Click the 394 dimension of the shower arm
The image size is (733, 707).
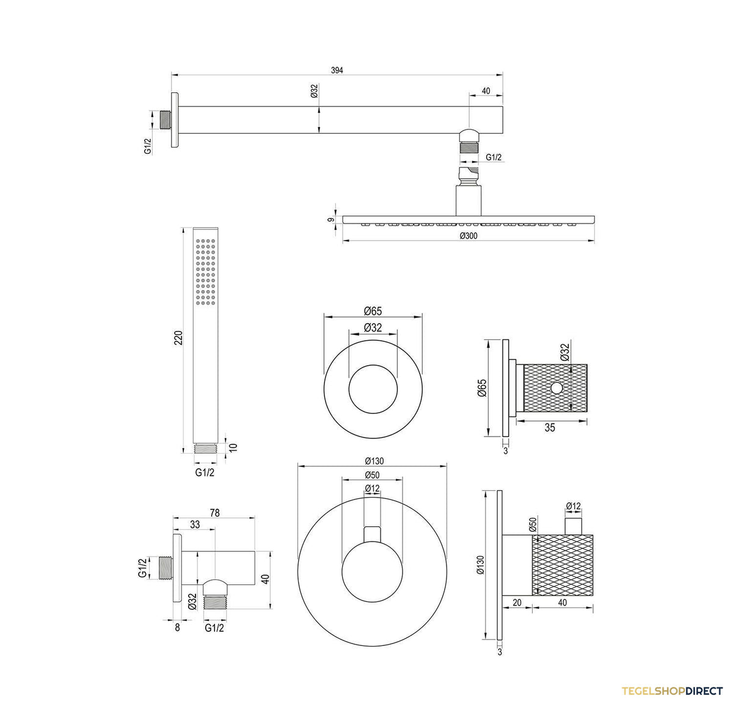(337, 70)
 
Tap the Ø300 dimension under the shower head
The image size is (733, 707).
(468, 236)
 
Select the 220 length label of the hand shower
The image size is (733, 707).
(178, 338)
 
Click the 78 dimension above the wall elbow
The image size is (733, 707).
(214, 513)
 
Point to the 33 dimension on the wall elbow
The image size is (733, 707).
(195, 524)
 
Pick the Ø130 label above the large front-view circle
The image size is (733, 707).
(374, 461)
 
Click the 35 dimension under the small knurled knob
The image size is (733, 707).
(550, 427)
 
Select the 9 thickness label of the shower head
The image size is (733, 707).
(331, 220)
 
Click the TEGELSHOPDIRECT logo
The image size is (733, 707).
(672, 691)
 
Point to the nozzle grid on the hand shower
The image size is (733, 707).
(205, 272)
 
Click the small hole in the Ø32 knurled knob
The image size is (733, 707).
(556, 388)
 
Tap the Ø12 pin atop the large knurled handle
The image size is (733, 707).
(574, 526)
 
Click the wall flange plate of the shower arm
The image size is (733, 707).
(175, 120)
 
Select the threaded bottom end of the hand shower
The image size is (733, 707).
(205, 448)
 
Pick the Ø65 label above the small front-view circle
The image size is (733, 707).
(373, 311)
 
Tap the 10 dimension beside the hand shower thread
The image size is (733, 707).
(233, 448)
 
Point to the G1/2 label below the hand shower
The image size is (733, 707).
(205, 472)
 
